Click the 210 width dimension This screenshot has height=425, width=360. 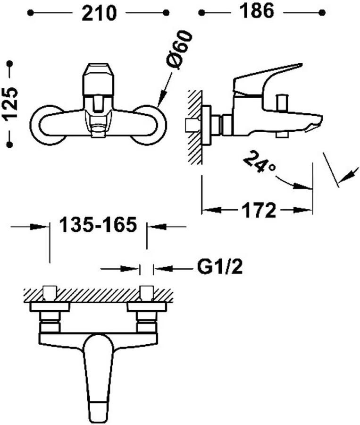click(99, 13)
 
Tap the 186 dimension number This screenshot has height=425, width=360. click(257, 11)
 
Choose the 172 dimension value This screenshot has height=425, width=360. click(259, 210)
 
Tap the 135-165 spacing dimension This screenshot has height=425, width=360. click(98, 225)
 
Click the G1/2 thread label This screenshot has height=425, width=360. click(219, 267)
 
